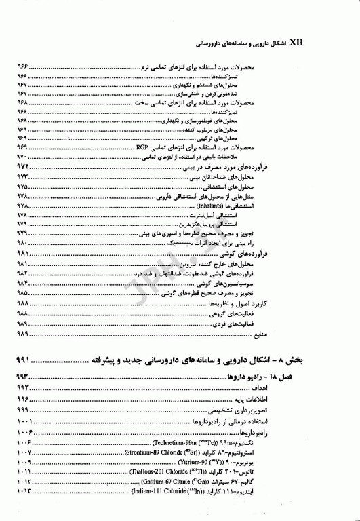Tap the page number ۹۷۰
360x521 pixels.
click(x=23, y=157)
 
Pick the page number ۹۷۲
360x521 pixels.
click(x=24, y=166)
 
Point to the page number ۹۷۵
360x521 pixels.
click(x=23, y=185)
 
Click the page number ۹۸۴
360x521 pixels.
click(x=23, y=282)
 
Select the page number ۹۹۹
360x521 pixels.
click(x=23, y=411)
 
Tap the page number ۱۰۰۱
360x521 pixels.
click(x=23, y=421)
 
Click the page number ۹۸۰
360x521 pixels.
click(x=23, y=242)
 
